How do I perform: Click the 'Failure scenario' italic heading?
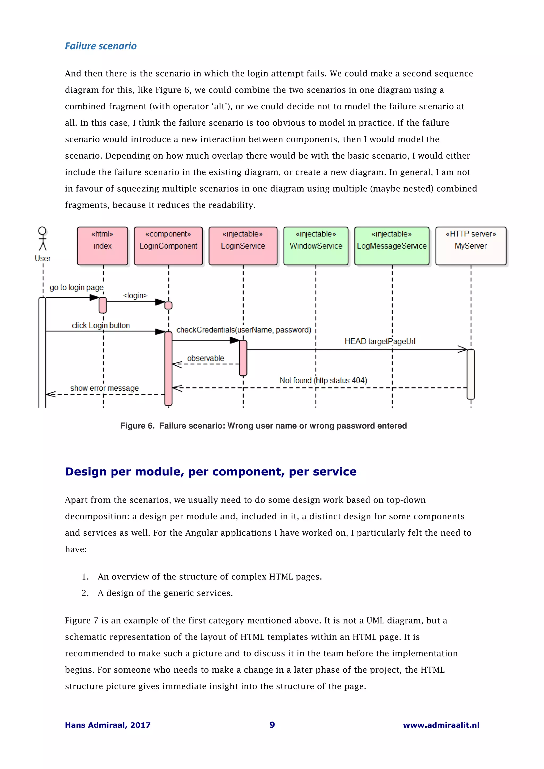pyautogui.click(x=101, y=46)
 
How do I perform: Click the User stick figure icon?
pyautogui.click(x=42, y=239)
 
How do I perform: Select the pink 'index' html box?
pyautogui.click(x=102, y=246)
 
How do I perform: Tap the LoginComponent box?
pyautogui.click(x=168, y=246)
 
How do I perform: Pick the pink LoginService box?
pyautogui.click(x=243, y=246)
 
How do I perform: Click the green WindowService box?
pyautogui.click(x=316, y=246)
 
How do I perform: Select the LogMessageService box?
pyautogui.click(x=392, y=246)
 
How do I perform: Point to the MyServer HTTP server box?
pyautogui.click(x=471, y=246)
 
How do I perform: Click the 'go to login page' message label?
pyautogui.click(x=76, y=287)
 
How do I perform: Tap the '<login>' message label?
pyautogui.click(x=135, y=295)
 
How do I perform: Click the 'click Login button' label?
pyautogui.click(x=101, y=325)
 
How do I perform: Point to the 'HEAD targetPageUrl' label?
pyautogui.click(x=380, y=341)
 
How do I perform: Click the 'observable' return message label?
pyautogui.click(x=206, y=358)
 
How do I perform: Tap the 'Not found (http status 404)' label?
pyautogui.click(x=323, y=381)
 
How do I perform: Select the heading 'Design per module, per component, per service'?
pyautogui.click(x=210, y=471)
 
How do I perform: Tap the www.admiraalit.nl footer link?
pyautogui.click(x=441, y=725)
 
